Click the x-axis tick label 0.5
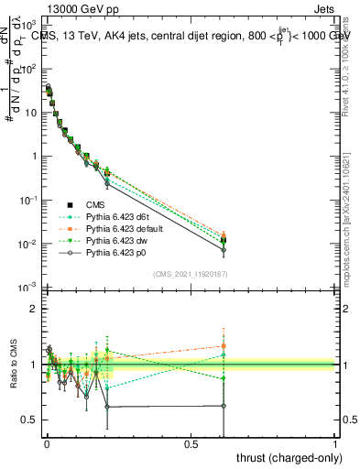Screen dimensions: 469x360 click(x=191, y=443)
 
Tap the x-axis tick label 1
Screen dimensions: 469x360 click(x=336, y=443)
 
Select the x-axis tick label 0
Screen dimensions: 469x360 click(x=47, y=443)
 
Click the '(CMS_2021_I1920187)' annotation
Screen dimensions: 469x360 click(x=191, y=274)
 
